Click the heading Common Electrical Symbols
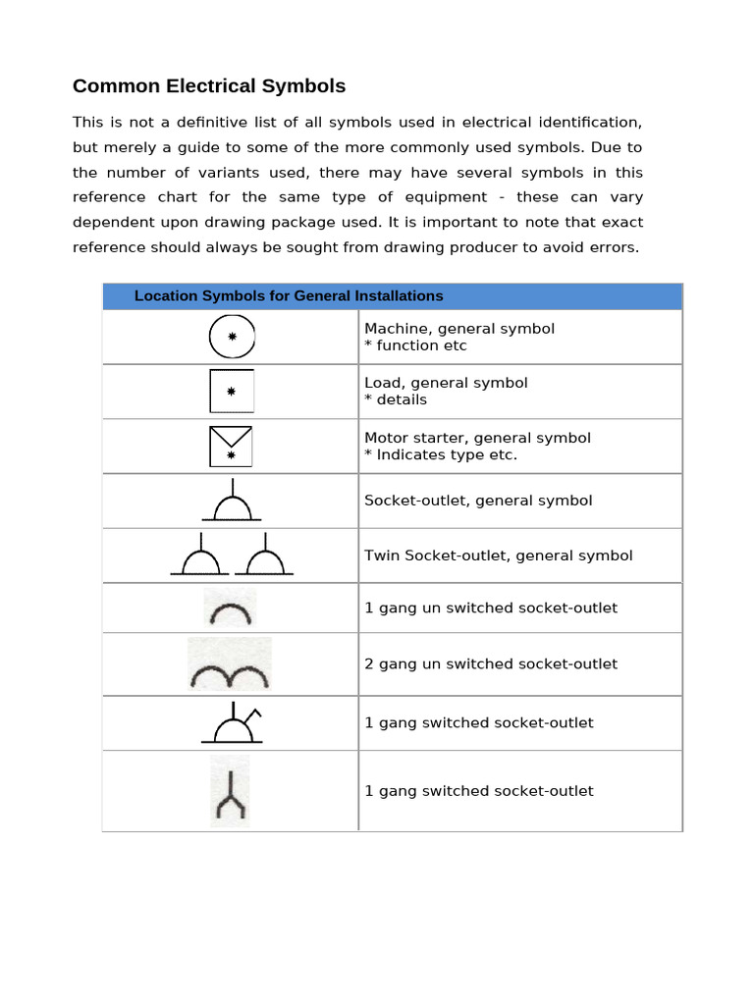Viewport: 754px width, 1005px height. tap(209, 86)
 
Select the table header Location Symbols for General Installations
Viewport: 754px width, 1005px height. tap(289, 295)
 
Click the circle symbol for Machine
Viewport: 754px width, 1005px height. tap(232, 337)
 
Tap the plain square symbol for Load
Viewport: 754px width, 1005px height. tap(232, 391)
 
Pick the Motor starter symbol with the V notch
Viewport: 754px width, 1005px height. tap(232, 447)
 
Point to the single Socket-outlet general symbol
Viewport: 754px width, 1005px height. tap(232, 503)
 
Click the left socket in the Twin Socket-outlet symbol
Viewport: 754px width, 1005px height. tap(200, 557)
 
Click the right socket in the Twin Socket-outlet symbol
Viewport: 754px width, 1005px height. tap(265, 557)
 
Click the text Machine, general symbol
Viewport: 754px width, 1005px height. tap(459, 329)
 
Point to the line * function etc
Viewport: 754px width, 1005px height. tap(415, 345)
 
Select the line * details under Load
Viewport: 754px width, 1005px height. tap(396, 399)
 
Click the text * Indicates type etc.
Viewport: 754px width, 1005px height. tap(441, 454)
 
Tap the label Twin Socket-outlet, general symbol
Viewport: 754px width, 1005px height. tap(499, 555)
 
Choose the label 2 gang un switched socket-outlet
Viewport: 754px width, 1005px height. tap(491, 663)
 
